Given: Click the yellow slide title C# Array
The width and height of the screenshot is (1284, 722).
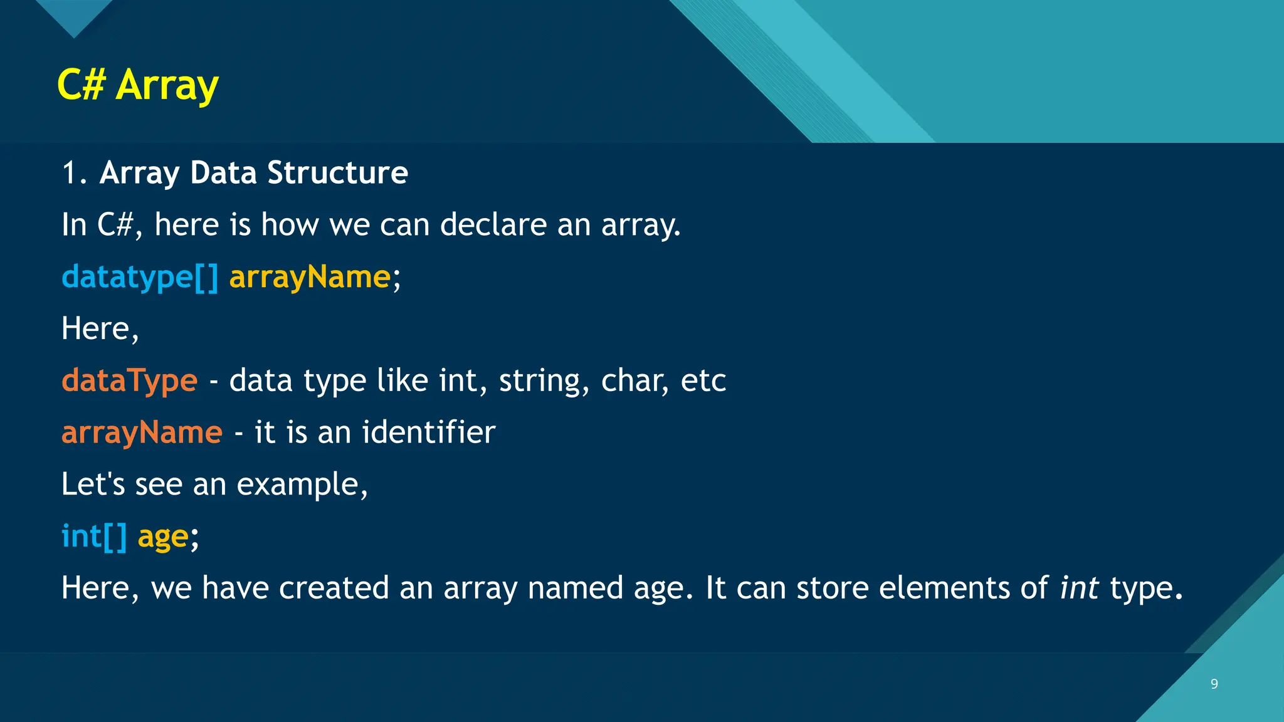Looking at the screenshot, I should click(x=137, y=85).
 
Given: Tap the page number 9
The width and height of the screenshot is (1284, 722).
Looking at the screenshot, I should click(x=1214, y=684).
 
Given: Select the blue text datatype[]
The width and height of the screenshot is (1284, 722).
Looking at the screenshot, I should click(x=140, y=277).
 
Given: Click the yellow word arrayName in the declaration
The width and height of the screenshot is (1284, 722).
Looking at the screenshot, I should click(x=310, y=277).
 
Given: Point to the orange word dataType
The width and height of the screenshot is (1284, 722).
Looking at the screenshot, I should click(x=129, y=380).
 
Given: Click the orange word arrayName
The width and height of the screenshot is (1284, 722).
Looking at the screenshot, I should click(x=142, y=432).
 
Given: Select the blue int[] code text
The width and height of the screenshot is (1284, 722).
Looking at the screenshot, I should click(x=94, y=536).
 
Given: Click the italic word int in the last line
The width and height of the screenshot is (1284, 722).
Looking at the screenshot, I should click(x=1079, y=588).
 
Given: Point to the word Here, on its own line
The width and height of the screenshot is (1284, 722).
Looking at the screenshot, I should click(x=100, y=329).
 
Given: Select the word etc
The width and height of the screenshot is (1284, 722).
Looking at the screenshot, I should click(x=703, y=381).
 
